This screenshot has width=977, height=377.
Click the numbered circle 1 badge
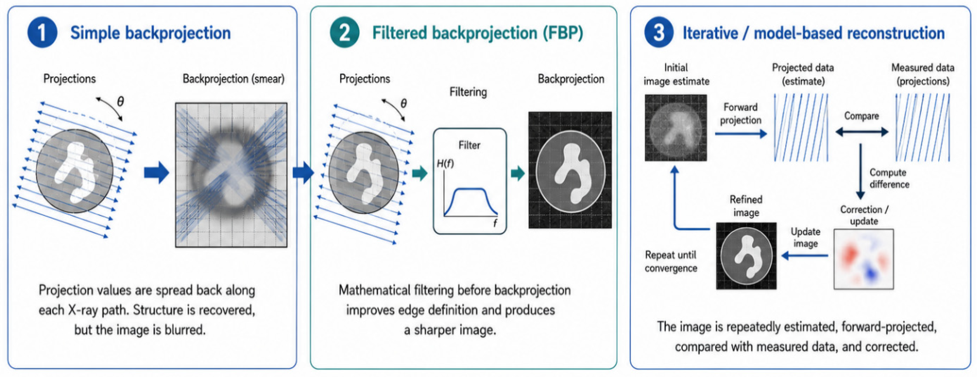(x=42, y=33)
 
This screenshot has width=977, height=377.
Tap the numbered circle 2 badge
(x=344, y=33)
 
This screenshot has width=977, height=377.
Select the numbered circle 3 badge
(x=659, y=33)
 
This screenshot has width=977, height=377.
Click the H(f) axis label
(x=445, y=164)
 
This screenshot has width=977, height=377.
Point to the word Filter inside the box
(x=469, y=145)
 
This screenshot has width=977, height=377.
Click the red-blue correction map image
(x=864, y=259)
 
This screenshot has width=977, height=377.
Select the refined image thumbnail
(x=746, y=256)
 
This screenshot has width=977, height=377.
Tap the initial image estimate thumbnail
(x=676, y=128)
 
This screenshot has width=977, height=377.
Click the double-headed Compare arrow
(x=862, y=132)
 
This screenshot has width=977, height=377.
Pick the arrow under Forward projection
(x=741, y=133)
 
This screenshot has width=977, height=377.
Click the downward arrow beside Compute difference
(x=860, y=172)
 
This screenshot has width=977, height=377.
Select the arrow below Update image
(x=804, y=256)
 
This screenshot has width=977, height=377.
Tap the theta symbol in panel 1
(x=120, y=101)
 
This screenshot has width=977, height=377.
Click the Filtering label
(x=468, y=92)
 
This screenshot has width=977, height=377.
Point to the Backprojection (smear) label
(x=233, y=79)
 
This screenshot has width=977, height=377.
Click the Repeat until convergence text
(x=671, y=261)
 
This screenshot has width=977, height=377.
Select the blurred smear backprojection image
(x=231, y=175)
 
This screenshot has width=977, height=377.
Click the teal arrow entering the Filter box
(x=420, y=173)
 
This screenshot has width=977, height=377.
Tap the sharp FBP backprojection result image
(x=570, y=170)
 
